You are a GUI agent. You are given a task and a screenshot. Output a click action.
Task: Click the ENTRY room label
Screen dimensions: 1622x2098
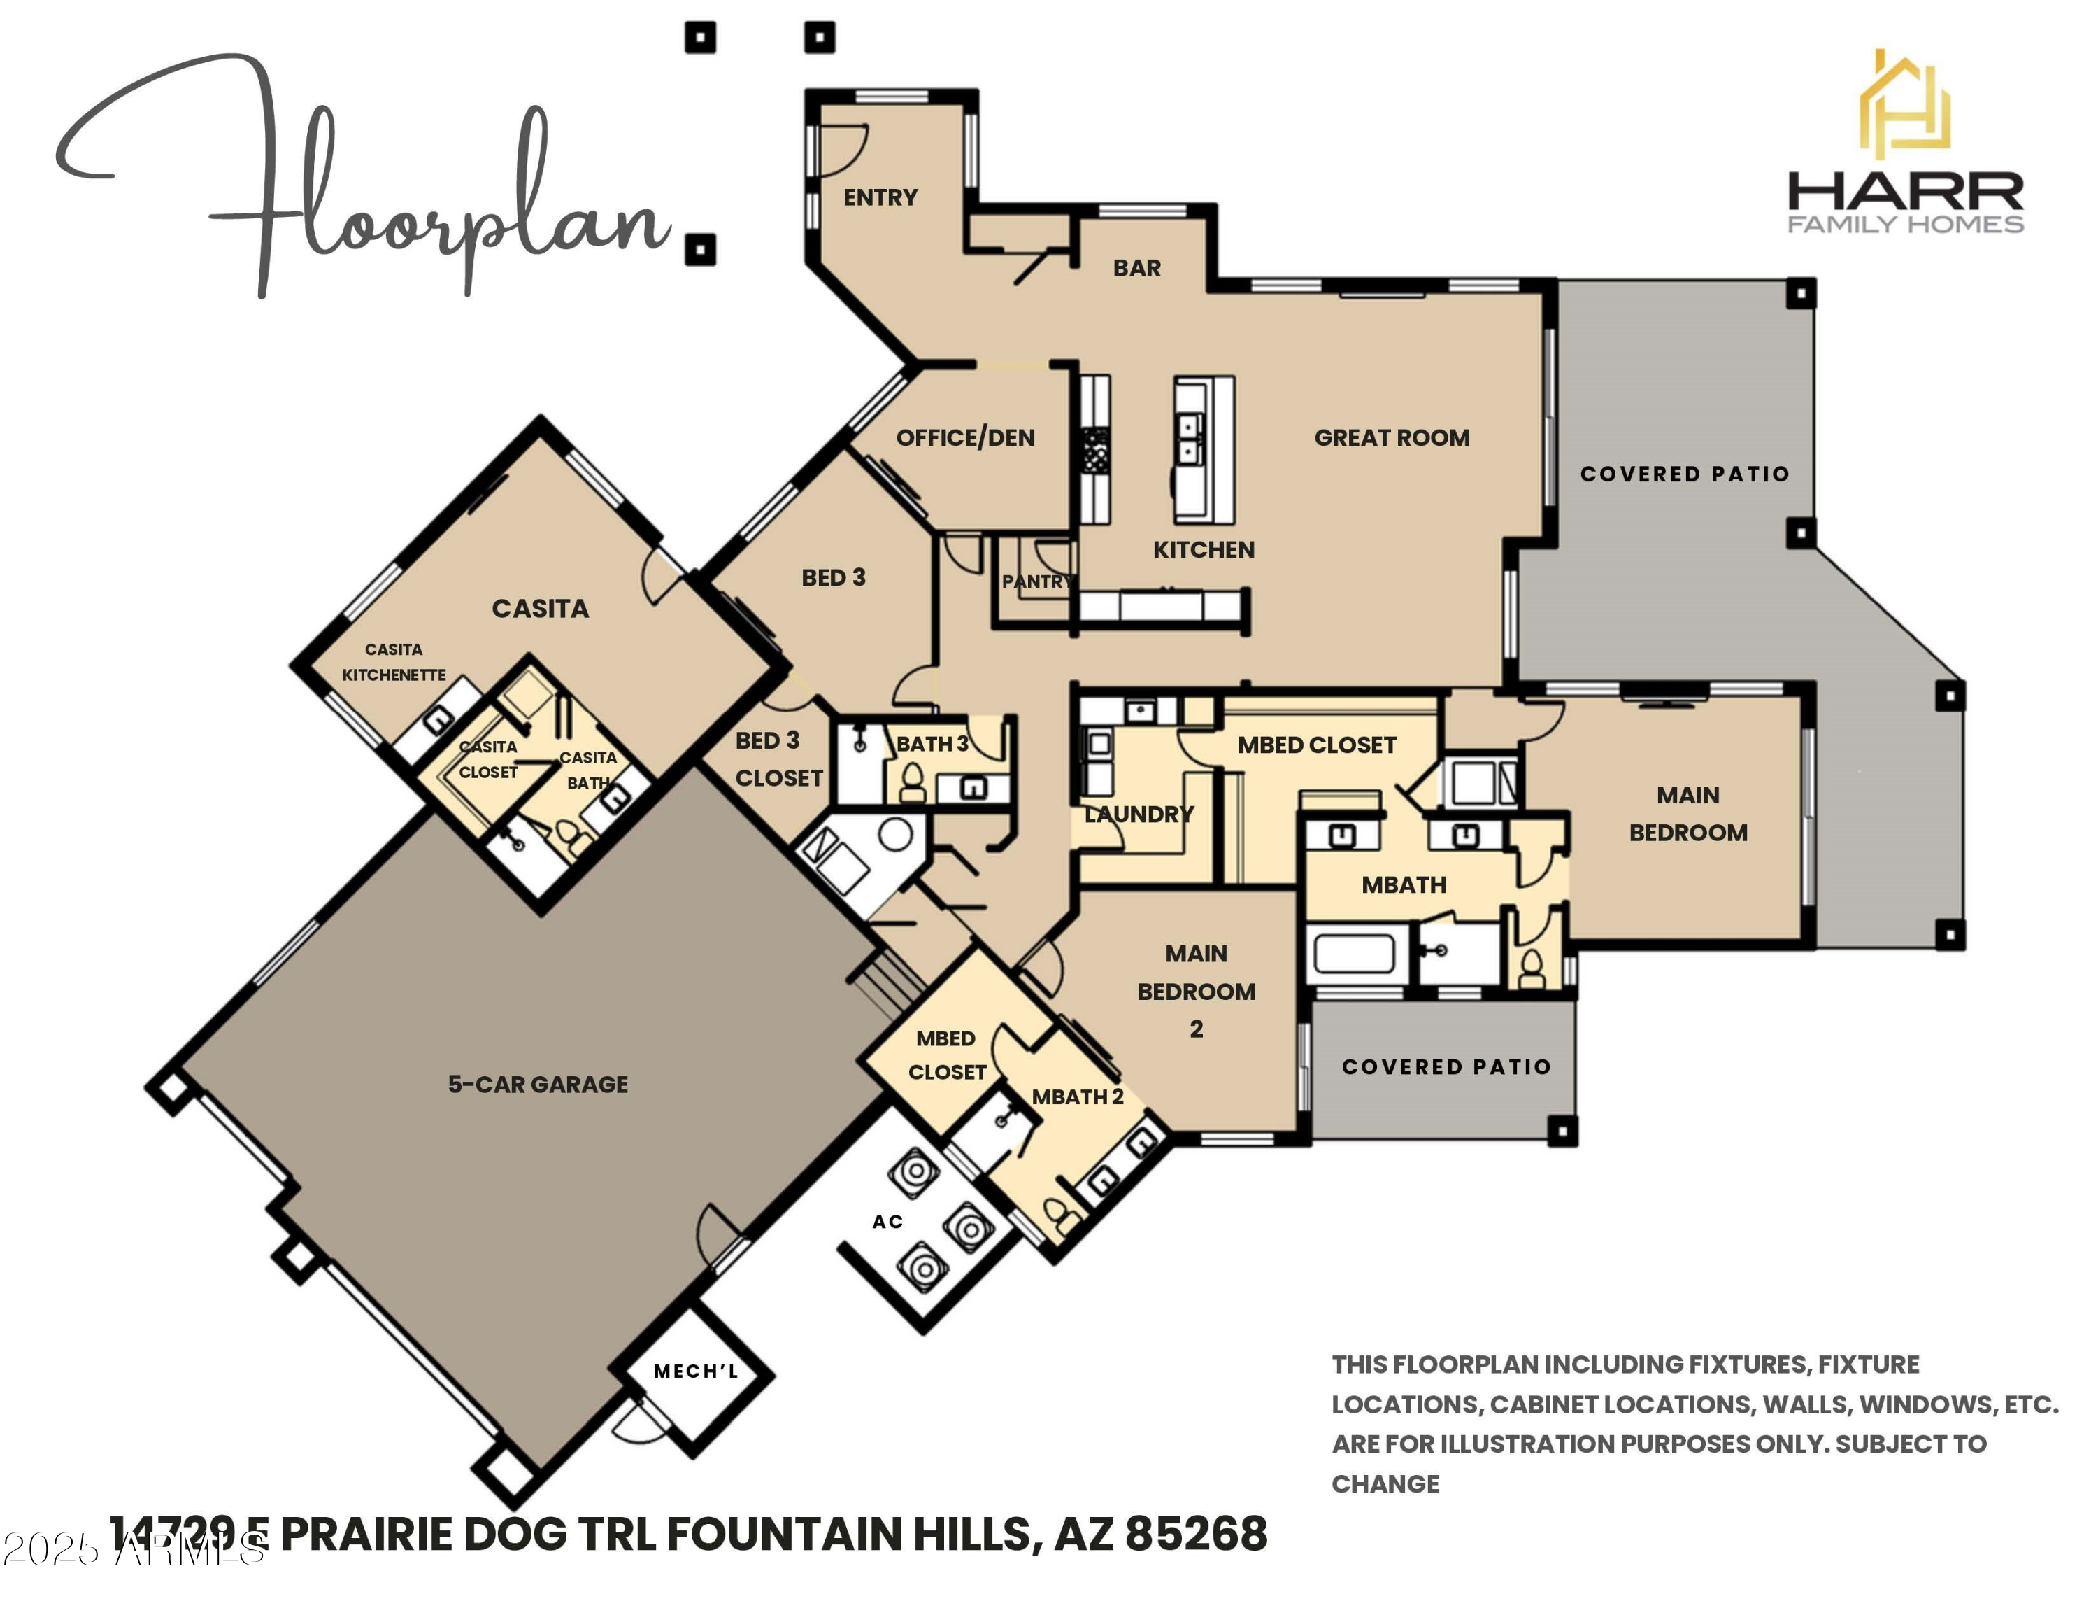click(880, 197)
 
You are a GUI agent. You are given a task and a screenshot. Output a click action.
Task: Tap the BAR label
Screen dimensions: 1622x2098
click(1136, 268)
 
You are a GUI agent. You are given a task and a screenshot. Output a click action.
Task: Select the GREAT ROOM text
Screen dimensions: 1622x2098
click(1391, 437)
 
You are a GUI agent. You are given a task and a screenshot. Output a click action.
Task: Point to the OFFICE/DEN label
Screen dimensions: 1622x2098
click(964, 437)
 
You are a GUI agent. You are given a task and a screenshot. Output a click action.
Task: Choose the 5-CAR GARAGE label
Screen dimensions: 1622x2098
click(537, 1084)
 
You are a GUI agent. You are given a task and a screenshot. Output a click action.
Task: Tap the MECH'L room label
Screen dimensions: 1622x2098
click(696, 1371)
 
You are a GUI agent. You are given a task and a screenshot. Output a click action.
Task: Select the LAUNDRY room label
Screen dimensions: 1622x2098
click(1139, 814)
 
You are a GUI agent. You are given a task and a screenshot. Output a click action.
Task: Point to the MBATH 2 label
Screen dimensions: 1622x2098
click(1077, 1096)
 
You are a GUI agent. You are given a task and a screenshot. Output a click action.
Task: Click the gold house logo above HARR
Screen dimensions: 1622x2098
click(1904, 106)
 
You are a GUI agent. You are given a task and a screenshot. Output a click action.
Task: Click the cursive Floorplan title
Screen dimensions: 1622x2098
click(365, 183)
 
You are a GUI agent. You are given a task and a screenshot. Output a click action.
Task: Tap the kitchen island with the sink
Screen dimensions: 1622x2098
click(1203, 450)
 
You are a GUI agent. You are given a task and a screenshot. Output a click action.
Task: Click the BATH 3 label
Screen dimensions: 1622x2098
click(931, 744)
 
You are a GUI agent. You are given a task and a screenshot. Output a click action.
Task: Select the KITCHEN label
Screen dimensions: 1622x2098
click(1203, 549)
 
